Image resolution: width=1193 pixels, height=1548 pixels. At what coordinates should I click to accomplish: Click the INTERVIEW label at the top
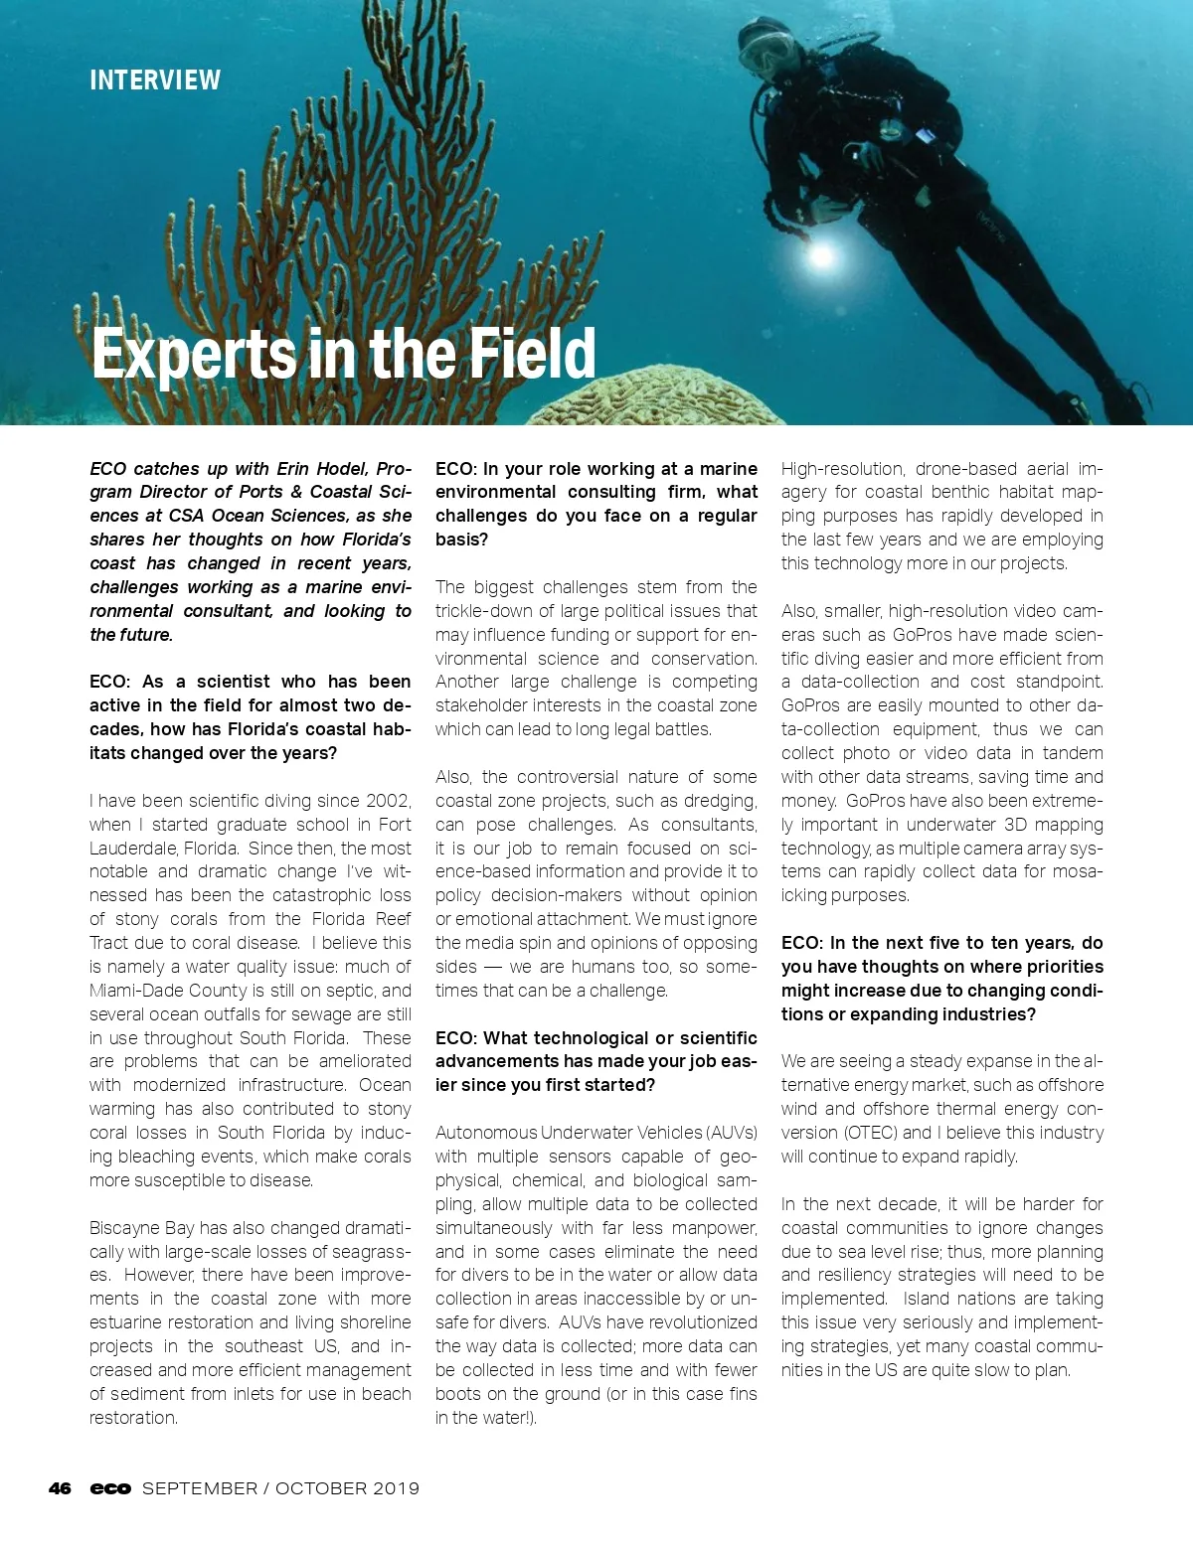point(155,80)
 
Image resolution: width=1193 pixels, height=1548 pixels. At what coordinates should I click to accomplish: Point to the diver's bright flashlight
point(820,255)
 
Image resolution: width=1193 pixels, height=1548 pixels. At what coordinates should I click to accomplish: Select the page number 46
point(60,1488)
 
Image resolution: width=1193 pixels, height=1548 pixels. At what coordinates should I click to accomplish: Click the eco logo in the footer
point(110,1488)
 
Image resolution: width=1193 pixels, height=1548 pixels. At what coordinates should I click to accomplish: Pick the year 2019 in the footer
point(396,1488)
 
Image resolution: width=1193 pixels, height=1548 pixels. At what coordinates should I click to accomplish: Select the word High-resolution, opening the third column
point(842,469)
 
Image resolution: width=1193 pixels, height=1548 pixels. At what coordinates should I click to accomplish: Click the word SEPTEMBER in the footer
point(200,1488)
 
